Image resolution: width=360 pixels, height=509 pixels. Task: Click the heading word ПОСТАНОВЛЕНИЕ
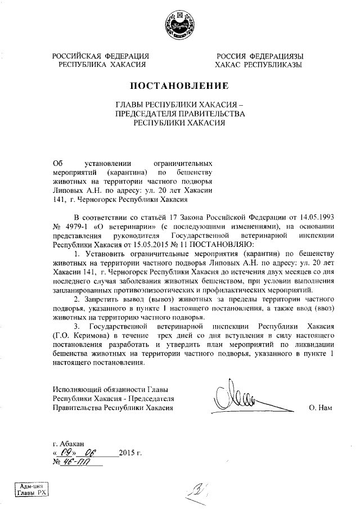(179, 86)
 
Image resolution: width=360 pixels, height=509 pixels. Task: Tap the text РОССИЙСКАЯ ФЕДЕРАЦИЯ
(101, 56)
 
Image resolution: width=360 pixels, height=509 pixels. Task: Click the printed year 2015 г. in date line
(130, 453)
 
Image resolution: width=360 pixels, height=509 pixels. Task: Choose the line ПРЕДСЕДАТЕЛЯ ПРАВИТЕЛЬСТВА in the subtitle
(179, 114)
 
